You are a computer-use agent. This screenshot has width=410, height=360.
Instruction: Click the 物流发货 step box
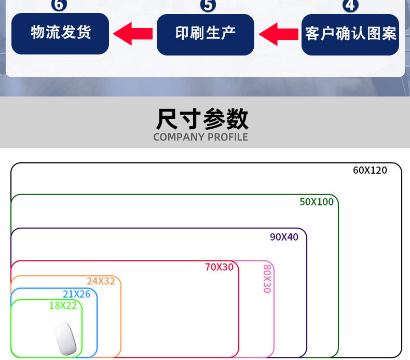point(60,34)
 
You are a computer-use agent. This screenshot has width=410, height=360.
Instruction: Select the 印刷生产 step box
point(206,34)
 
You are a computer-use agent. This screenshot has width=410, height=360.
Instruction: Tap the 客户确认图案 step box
point(350,34)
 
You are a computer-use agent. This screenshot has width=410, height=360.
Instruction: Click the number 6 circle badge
point(60,5)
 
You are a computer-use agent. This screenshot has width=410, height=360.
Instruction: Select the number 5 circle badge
point(208,5)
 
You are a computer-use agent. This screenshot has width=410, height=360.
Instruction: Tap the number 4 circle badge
point(351,5)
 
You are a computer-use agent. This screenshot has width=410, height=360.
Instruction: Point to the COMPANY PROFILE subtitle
point(201,137)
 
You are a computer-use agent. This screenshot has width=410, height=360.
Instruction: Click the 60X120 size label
point(370,170)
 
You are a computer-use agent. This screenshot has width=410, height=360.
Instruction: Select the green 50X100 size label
point(317,202)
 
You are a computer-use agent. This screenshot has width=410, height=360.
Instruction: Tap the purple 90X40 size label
point(284,237)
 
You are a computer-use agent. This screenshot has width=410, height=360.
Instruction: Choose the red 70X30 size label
point(219,267)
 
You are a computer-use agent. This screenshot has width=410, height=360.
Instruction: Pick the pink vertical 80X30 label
point(267,279)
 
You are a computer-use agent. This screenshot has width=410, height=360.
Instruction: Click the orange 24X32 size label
point(101,281)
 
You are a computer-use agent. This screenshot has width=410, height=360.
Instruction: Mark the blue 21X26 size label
point(76,294)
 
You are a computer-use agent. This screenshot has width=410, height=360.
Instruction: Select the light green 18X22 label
point(63,306)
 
